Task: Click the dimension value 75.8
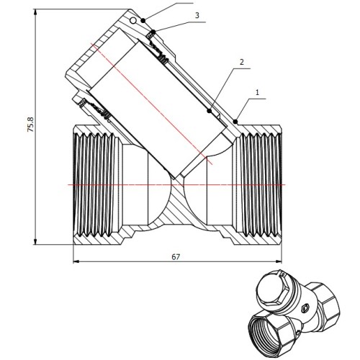pos(31,125)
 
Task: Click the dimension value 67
pos(176,257)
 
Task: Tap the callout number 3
pos(197,16)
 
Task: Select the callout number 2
pos(242,62)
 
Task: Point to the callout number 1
pos(258,93)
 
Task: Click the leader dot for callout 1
pos(235,122)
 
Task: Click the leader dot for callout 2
pos(210,111)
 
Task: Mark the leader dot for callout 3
pos(153,32)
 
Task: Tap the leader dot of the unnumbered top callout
pos(143,20)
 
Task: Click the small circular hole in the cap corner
pos(132,21)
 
